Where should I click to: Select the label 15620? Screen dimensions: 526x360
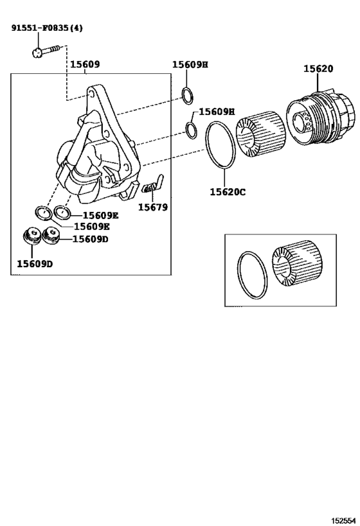coord(319,69)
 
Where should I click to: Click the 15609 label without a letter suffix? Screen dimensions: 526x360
coord(85,65)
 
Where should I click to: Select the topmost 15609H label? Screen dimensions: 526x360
coord(190,65)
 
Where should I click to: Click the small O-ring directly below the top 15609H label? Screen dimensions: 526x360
coord(188,96)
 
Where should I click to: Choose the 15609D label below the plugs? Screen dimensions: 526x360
coord(35,263)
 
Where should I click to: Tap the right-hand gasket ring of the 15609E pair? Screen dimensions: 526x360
coord(62,211)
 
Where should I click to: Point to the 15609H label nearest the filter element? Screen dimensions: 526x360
coord(217,111)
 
